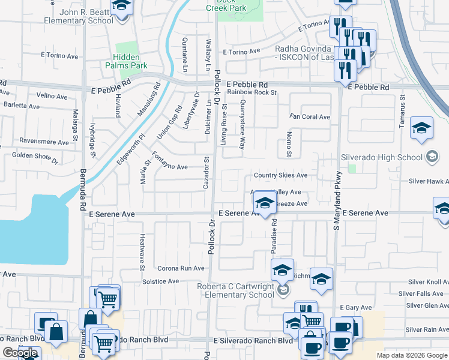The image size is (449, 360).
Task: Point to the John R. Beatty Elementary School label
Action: [x=78, y=16]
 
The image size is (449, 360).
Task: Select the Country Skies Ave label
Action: [x=280, y=175]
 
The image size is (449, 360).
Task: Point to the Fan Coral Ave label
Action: [x=310, y=117]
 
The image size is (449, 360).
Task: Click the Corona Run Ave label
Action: [x=181, y=268]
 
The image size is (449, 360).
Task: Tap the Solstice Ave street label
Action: [x=160, y=281]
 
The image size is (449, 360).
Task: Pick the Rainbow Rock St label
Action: [x=252, y=92]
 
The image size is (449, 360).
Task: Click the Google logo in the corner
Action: [x=20, y=353]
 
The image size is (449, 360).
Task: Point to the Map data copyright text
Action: [x=412, y=355]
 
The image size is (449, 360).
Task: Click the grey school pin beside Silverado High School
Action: [x=431, y=158]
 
